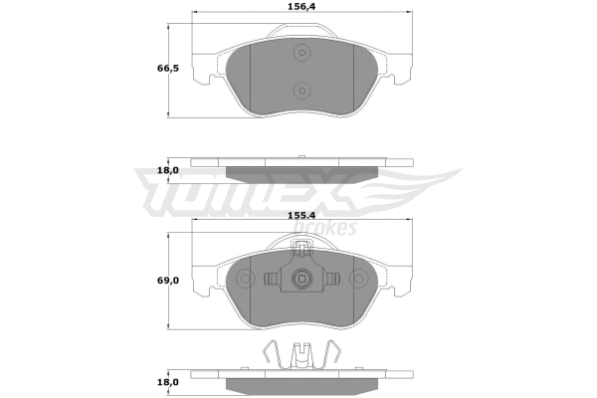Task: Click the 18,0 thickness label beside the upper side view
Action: [x=168, y=170]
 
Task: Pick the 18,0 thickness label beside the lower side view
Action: [x=168, y=381]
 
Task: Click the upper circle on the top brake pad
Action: [x=301, y=56]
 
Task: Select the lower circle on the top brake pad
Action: [x=301, y=92]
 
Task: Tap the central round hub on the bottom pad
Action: [x=301, y=281]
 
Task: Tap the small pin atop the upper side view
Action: [x=301, y=157]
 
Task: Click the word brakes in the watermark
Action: [x=327, y=228]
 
